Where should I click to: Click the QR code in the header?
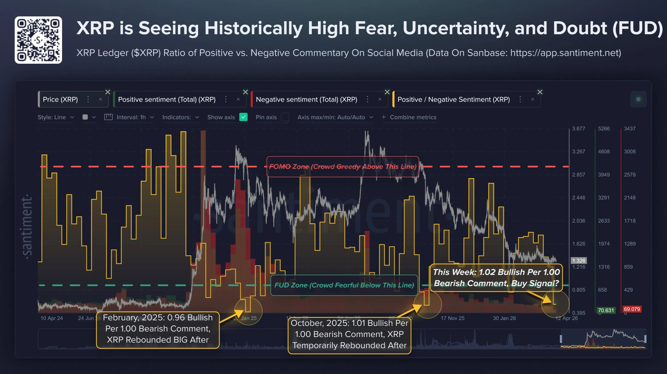[38, 40]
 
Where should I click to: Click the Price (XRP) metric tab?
[60, 99]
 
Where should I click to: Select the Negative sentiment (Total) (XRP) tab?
[306, 99]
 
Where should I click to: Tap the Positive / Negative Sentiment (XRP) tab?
[453, 99]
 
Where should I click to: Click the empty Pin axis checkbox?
[285, 117]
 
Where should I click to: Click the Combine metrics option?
[413, 117]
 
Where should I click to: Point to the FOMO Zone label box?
[343, 167]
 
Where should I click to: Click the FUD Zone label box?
[344, 285]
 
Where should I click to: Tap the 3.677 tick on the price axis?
[579, 128]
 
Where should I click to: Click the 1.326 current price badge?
[579, 260]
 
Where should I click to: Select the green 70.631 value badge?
[606, 310]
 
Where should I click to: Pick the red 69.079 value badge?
[632, 309]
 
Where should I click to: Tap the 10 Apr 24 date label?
[51, 318]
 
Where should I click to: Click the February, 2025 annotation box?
[158, 329]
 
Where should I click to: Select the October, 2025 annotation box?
[349, 334]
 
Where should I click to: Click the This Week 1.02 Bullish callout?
[496, 278]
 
